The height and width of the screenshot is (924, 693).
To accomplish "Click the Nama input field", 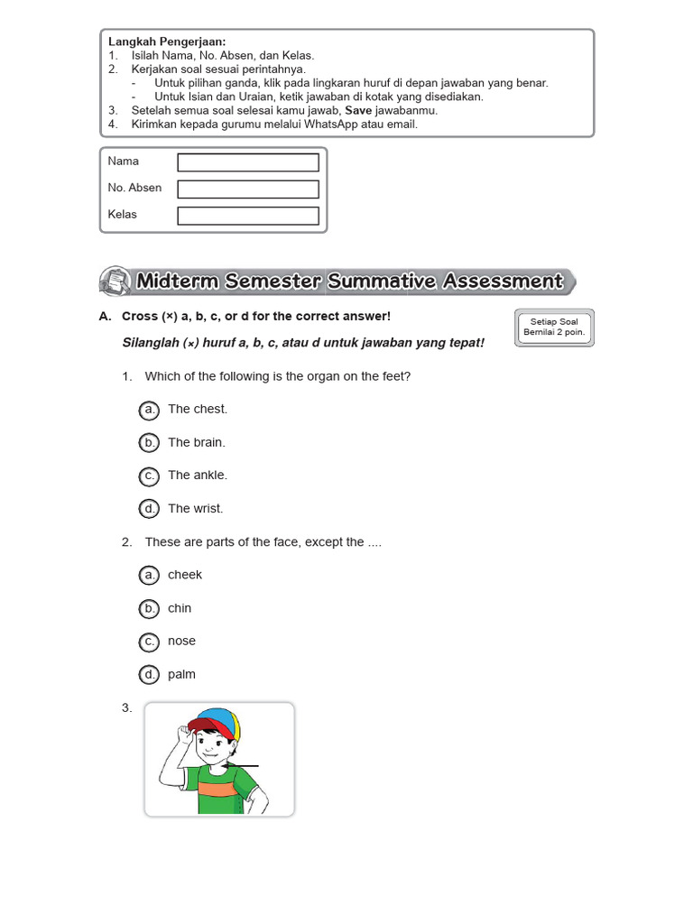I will [248, 162].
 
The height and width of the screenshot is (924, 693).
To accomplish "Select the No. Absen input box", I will [248, 189].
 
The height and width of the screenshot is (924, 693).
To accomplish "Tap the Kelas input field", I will [248, 217].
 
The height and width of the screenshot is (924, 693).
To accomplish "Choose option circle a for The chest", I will [149, 410].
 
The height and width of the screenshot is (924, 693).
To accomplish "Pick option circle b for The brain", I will [149, 443].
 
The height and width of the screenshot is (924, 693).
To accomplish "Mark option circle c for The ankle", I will [149, 476].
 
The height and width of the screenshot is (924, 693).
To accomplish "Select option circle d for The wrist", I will [149, 509].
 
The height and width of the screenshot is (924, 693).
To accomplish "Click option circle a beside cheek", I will [149, 575].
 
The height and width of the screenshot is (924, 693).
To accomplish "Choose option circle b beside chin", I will [149, 609].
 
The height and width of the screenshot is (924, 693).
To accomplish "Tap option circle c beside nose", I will [149, 642].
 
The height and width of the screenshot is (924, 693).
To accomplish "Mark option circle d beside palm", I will [149, 675].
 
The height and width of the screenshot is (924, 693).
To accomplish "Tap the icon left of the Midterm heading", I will [113, 281].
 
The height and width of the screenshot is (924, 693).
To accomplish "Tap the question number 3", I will [126, 708].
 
